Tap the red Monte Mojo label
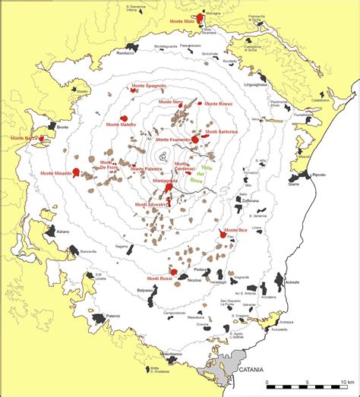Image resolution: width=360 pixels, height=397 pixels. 178,22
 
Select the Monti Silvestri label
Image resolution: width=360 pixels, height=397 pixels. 150,204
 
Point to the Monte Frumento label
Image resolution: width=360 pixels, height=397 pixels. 173,140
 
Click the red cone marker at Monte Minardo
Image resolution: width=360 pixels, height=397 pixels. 76,173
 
